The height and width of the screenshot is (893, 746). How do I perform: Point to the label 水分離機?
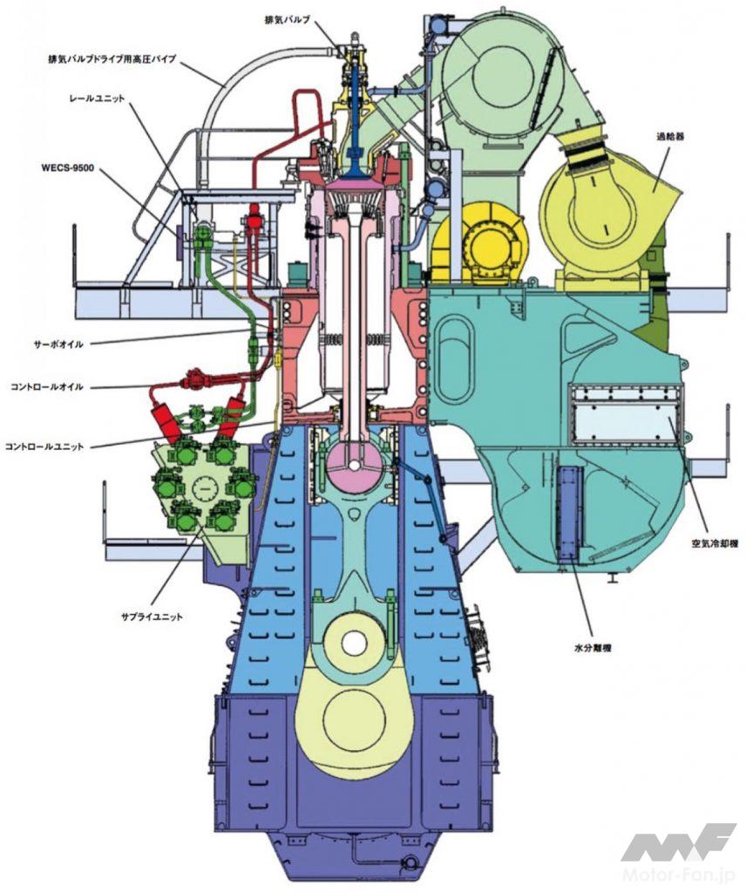click(593, 647)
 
